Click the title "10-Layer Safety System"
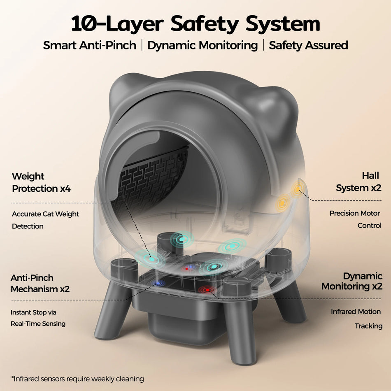195,23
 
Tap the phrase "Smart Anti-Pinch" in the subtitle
89,45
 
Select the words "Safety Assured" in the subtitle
308,45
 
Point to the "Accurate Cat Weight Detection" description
45,220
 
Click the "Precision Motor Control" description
355,219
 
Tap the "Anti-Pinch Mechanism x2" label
40,283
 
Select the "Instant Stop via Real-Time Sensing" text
38,318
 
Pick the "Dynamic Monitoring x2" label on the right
352,281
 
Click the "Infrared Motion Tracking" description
356,319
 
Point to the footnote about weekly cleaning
78,378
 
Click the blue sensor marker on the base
158,283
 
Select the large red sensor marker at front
207,290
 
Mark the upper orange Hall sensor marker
297,190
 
